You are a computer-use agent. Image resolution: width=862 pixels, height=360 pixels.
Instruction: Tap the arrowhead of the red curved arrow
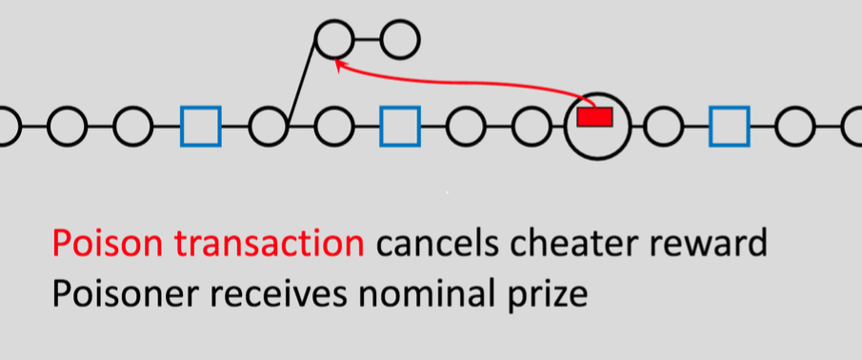[338, 63]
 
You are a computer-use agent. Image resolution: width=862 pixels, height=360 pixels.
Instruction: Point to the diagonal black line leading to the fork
[301, 83]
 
